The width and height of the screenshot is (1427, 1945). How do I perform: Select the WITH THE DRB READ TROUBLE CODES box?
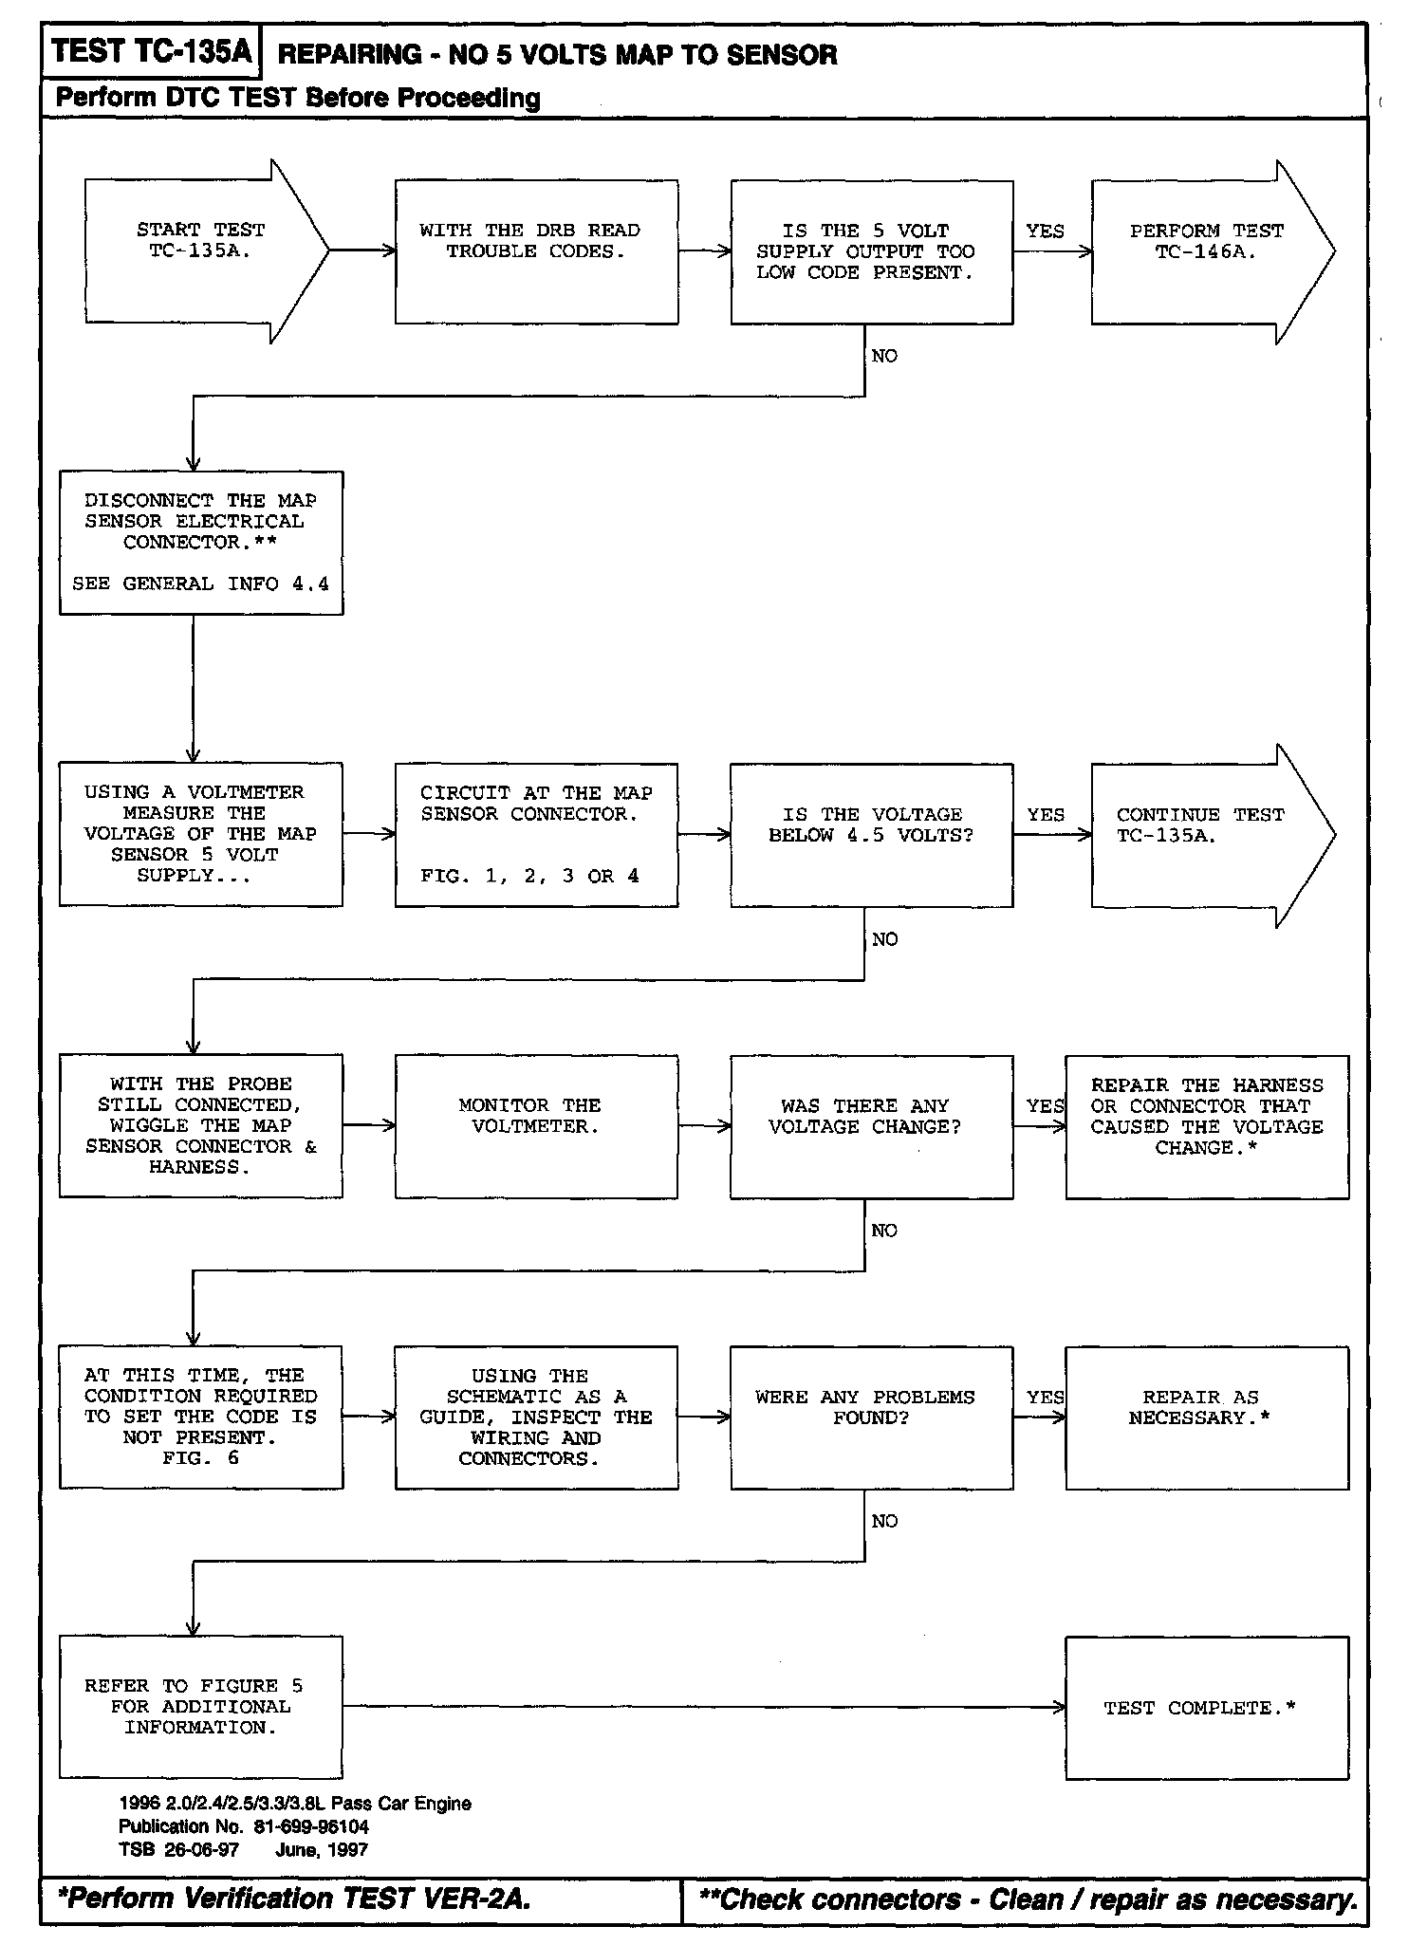click(x=536, y=251)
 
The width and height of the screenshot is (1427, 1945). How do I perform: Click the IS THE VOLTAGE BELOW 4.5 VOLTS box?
click(x=871, y=834)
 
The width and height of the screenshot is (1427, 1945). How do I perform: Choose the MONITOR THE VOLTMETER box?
click(x=536, y=1126)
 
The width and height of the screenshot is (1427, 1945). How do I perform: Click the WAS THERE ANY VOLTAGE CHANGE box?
click(x=871, y=1126)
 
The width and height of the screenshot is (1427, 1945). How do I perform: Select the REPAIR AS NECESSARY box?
click(x=1206, y=1417)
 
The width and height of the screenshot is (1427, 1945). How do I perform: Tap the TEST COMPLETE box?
click(x=1206, y=1708)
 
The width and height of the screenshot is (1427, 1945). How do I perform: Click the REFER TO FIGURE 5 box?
click(x=200, y=1707)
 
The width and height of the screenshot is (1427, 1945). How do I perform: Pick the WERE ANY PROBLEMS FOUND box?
click(x=871, y=1417)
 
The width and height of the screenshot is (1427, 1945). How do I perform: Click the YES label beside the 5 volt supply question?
click(x=1045, y=232)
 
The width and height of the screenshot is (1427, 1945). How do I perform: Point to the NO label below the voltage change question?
click(x=883, y=1231)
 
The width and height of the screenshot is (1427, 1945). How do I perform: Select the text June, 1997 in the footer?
click(x=322, y=1849)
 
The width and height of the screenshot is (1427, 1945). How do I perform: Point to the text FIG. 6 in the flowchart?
click(x=200, y=1458)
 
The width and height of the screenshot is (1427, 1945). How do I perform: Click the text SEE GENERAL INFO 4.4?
click(x=200, y=584)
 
